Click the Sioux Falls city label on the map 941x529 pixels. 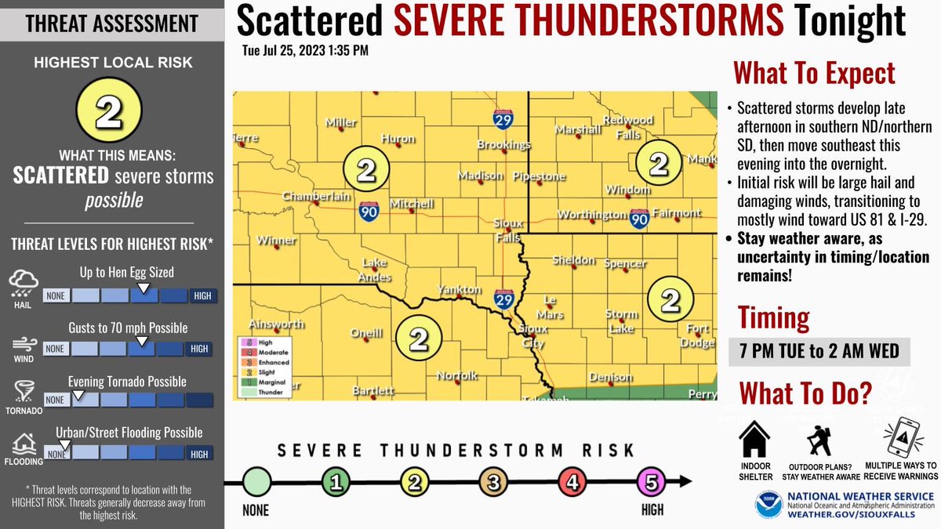(507, 230)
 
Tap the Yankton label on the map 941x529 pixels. (460, 290)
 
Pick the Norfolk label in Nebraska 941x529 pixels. (457, 375)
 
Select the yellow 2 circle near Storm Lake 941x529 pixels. (670, 299)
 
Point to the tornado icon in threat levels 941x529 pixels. (21, 391)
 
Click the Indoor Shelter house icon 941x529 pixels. (756, 438)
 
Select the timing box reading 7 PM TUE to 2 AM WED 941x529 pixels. (819, 351)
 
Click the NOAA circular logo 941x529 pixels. (768, 505)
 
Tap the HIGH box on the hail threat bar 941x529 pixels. (202, 295)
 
